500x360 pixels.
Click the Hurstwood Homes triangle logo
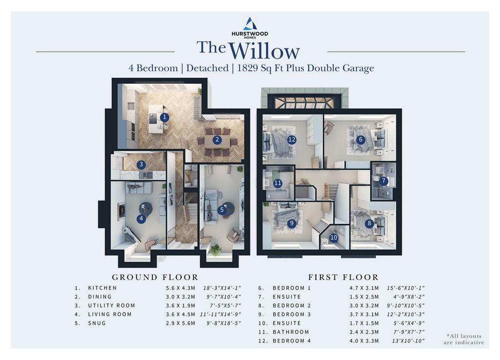click(250, 23)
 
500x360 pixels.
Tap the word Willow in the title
click(264, 51)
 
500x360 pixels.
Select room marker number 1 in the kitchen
click(165, 117)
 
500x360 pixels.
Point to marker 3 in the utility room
click(141, 165)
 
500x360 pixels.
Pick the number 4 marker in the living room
click(142, 219)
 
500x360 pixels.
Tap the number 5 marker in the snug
click(222, 210)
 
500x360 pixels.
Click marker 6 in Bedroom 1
click(361, 139)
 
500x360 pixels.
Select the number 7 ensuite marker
click(384, 181)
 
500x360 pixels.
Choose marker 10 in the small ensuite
click(334, 238)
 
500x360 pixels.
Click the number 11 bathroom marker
click(278, 183)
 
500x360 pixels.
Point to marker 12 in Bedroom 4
click(292, 140)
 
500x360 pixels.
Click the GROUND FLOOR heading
click(155, 277)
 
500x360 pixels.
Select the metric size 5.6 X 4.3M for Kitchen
click(181, 288)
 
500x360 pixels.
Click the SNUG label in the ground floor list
click(97, 323)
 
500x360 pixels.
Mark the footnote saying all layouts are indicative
click(464, 339)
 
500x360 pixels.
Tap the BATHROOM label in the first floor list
click(291, 332)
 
